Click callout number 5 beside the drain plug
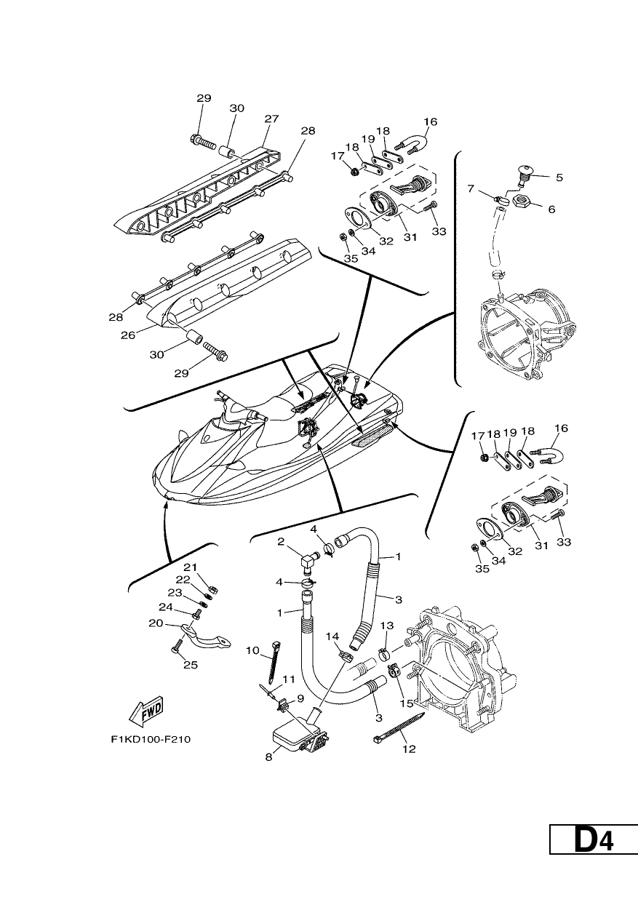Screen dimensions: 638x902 (559, 177)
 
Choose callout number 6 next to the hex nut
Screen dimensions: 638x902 (551, 209)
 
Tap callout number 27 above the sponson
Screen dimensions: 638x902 (272, 119)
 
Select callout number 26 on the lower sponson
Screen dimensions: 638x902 (128, 335)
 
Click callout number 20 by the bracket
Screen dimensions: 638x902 (156, 623)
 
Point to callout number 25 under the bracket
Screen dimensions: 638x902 (191, 665)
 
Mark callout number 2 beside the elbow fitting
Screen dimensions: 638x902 (281, 542)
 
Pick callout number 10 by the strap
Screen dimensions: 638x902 (252, 651)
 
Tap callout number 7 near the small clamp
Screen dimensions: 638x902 (471, 188)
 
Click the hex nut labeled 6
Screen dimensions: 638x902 (522, 201)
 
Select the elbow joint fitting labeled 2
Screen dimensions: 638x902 (310, 562)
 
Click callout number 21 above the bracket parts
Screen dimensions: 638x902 (190, 568)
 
